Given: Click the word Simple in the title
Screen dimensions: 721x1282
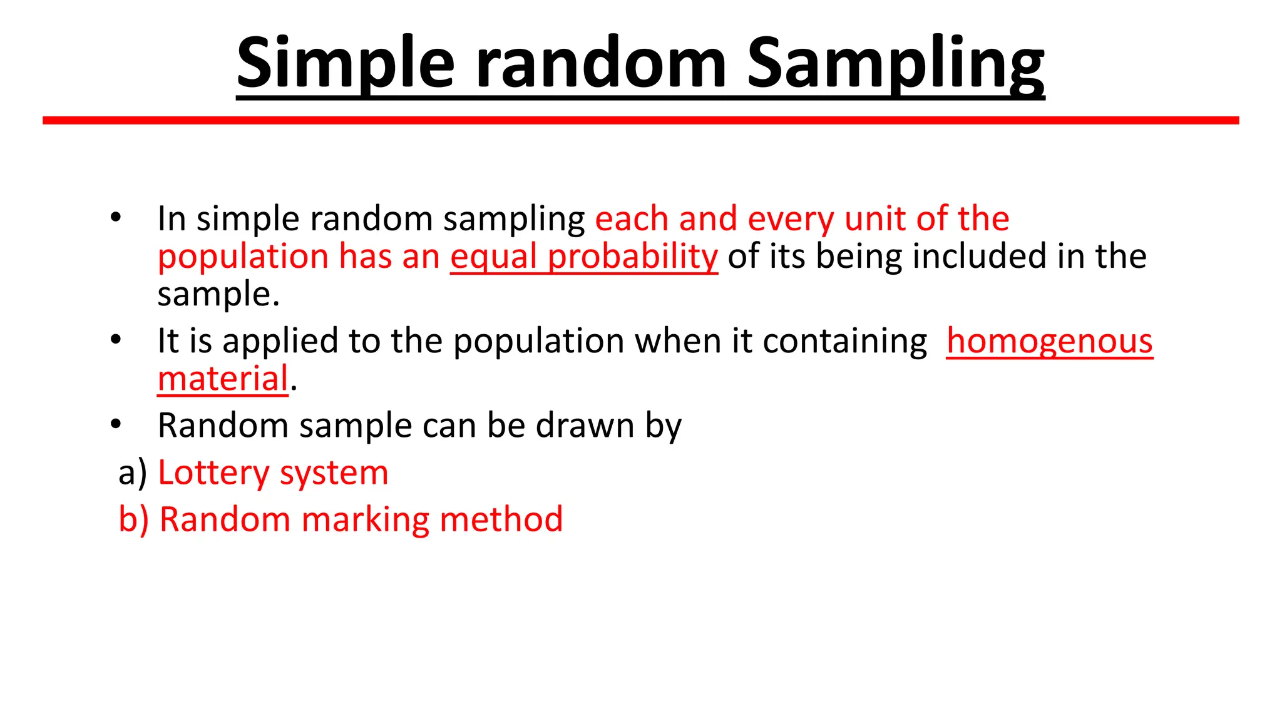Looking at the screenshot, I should pyautogui.click(x=346, y=63).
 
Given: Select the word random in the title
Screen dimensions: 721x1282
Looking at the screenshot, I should pyautogui.click(x=601, y=63).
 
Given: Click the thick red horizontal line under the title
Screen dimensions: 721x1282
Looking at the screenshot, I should pyautogui.click(x=640, y=120).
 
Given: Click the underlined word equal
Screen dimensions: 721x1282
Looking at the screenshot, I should pyautogui.click(x=493, y=257).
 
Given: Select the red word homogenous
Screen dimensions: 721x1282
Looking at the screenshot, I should pyautogui.click(x=1049, y=342).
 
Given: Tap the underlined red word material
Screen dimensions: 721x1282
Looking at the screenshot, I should pyautogui.click(x=223, y=379).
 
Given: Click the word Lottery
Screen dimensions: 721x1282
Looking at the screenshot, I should pyautogui.click(x=213, y=473).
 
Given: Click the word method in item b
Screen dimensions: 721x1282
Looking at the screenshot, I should pyautogui.click(x=501, y=519).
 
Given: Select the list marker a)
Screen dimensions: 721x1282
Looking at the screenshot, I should pyautogui.click(x=133, y=473).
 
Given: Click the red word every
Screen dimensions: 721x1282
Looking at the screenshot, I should pyautogui.click(x=790, y=219).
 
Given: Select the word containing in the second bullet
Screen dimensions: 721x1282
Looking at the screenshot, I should pyautogui.click(x=844, y=342).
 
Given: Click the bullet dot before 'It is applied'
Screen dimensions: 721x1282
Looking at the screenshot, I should pyautogui.click(x=116, y=340).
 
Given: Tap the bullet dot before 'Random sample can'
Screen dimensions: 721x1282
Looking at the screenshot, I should pyautogui.click(x=116, y=424).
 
